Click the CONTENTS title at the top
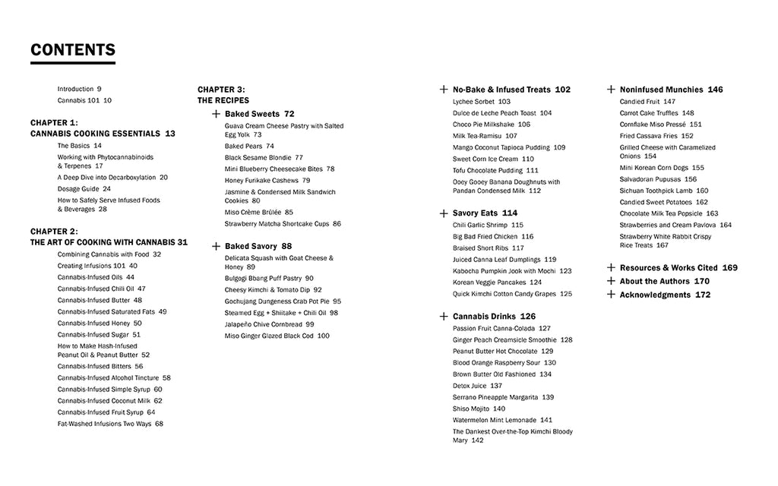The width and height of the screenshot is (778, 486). [x=73, y=50]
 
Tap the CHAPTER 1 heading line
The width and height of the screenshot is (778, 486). [x=54, y=122]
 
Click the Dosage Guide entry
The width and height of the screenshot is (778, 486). [x=84, y=188]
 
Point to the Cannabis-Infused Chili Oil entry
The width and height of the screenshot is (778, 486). [x=101, y=289]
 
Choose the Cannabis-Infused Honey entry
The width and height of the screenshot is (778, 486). [x=99, y=323]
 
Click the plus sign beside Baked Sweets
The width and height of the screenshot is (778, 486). [x=216, y=114]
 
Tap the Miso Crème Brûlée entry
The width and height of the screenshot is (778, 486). [x=258, y=212]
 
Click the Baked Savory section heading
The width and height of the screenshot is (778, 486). [x=258, y=246]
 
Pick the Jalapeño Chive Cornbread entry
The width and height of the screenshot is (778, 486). [x=269, y=323]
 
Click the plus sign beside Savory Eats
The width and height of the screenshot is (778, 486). [x=444, y=213]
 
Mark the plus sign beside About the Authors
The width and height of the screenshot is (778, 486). [x=611, y=281]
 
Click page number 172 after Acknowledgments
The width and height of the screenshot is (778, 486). [x=703, y=295]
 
